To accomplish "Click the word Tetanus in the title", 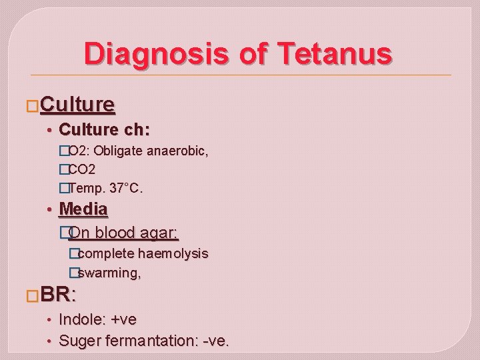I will click(x=333, y=53).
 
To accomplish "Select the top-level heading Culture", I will click(x=77, y=105).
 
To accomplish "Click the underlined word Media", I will click(x=83, y=209).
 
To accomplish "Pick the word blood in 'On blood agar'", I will click(x=117, y=233).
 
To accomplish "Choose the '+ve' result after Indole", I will click(x=124, y=319).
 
